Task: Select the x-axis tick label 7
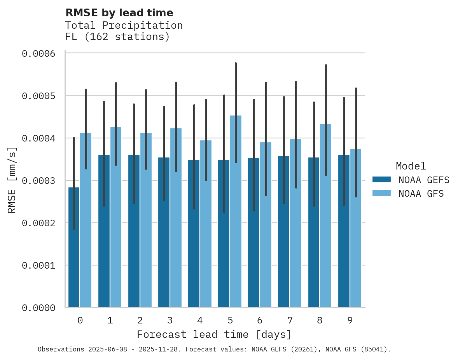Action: click(290, 321)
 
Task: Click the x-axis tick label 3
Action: click(170, 321)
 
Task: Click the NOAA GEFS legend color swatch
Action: click(381, 180)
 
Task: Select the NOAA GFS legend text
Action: click(421, 194)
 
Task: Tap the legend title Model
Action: click(411, 166)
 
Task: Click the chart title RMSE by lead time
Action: click(119, 13)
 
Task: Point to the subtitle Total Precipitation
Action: click(124, 25)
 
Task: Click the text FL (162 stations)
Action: click(117, 37)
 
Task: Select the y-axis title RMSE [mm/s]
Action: click(12, 180)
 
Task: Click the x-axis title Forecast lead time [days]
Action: click(214, 334)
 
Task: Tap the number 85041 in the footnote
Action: click(372, 349)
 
